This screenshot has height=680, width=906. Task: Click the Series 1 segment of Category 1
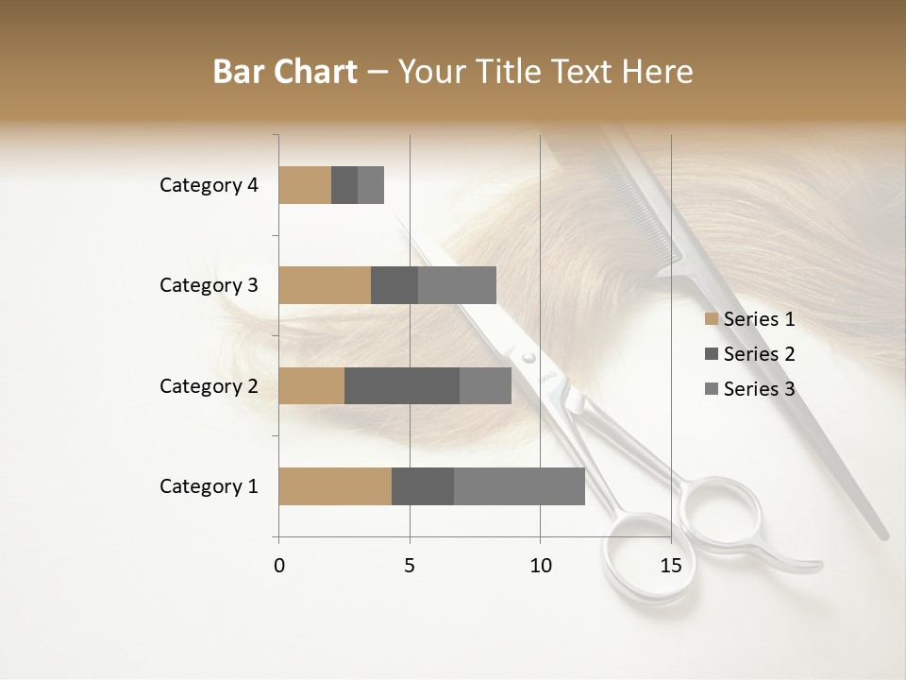coord(335,486)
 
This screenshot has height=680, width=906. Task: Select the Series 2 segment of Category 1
coord(423,486)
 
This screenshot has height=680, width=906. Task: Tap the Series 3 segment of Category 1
coord(519,486)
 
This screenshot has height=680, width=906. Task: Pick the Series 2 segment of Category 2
coord(402,385)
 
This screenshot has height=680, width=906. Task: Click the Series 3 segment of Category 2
coord(485,385)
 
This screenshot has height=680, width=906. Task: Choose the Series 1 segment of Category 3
coord(325,285)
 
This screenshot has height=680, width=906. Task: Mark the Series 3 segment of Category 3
coord(457,285)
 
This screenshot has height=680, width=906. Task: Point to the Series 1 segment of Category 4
coord(305,185)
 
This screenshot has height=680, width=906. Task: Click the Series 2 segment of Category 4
coord(344,185)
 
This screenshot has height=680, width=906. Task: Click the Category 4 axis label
coord(209,185)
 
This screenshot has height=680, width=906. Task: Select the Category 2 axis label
coord(209,385)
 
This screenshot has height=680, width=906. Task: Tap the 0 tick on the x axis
coord(279,566)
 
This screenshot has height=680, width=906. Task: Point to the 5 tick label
coord(410,566)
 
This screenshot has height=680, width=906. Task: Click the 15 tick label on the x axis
coord(670,566)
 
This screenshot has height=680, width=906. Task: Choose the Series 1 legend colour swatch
coord(711,319)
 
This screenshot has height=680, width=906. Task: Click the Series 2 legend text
coord(759,354)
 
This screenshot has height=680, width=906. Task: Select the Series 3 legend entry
coord(750,389)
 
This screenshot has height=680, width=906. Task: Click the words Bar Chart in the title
coord(285,72)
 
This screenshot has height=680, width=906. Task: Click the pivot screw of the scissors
coord(528,358)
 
